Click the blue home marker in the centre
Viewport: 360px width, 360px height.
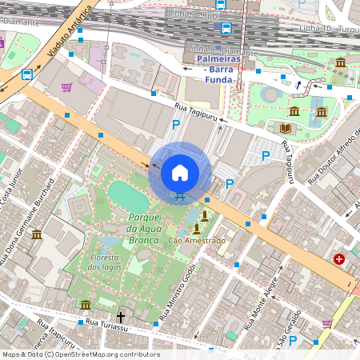(180, 172)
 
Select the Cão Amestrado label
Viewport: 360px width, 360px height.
(197, 240)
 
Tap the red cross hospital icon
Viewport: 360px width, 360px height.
(340, 259)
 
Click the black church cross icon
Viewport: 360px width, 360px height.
(122, 318)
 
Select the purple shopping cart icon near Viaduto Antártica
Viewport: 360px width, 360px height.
(66, 87)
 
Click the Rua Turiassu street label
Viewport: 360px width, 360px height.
(106, 323)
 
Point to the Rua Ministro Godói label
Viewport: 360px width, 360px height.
(175, 293)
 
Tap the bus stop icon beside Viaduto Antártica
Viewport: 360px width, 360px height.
(27, 74)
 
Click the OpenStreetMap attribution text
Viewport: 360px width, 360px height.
(80, 354)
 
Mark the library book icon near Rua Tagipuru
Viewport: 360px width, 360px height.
(285, 127)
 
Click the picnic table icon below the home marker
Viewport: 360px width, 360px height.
(180, 198)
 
